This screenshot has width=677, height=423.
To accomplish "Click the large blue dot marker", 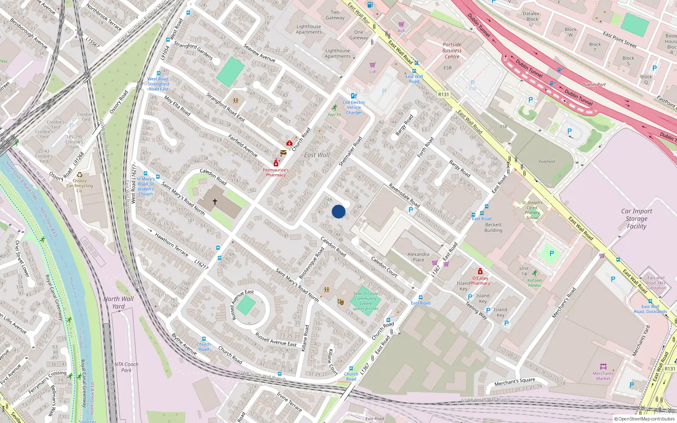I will click(338, 211).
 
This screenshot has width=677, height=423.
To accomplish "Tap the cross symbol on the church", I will click(215, 202).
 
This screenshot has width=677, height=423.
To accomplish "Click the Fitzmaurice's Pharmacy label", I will click(276, 173).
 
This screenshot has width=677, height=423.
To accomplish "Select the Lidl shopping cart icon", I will click(372, 65).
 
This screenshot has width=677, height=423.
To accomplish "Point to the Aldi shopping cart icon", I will click(401, 25).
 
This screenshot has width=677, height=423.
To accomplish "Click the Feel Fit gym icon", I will click(335, 108).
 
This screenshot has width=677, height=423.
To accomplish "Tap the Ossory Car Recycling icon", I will click(80, 174).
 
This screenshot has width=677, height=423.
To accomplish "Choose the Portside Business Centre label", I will click(452, 50).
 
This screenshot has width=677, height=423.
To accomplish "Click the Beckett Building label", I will click(493, 228).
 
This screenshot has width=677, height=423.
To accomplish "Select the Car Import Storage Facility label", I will click(636, 218).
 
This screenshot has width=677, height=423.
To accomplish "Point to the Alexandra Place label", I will click(418, 257).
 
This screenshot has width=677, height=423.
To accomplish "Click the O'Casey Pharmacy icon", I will click(480, 271).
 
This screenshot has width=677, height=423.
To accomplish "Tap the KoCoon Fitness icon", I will click(535, 273).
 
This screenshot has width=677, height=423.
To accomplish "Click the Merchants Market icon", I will click(603, 366).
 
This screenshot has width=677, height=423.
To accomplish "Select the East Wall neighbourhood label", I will click(316, 155).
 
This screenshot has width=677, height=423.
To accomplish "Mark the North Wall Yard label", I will click(118, 302).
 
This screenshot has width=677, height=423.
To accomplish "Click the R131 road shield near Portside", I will click(443, 94).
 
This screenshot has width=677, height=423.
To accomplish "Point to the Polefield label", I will click(547, 162).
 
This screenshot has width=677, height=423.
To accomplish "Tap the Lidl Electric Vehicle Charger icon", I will click(354, 96).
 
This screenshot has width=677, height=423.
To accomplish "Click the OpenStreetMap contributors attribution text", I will click(644, 419).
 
